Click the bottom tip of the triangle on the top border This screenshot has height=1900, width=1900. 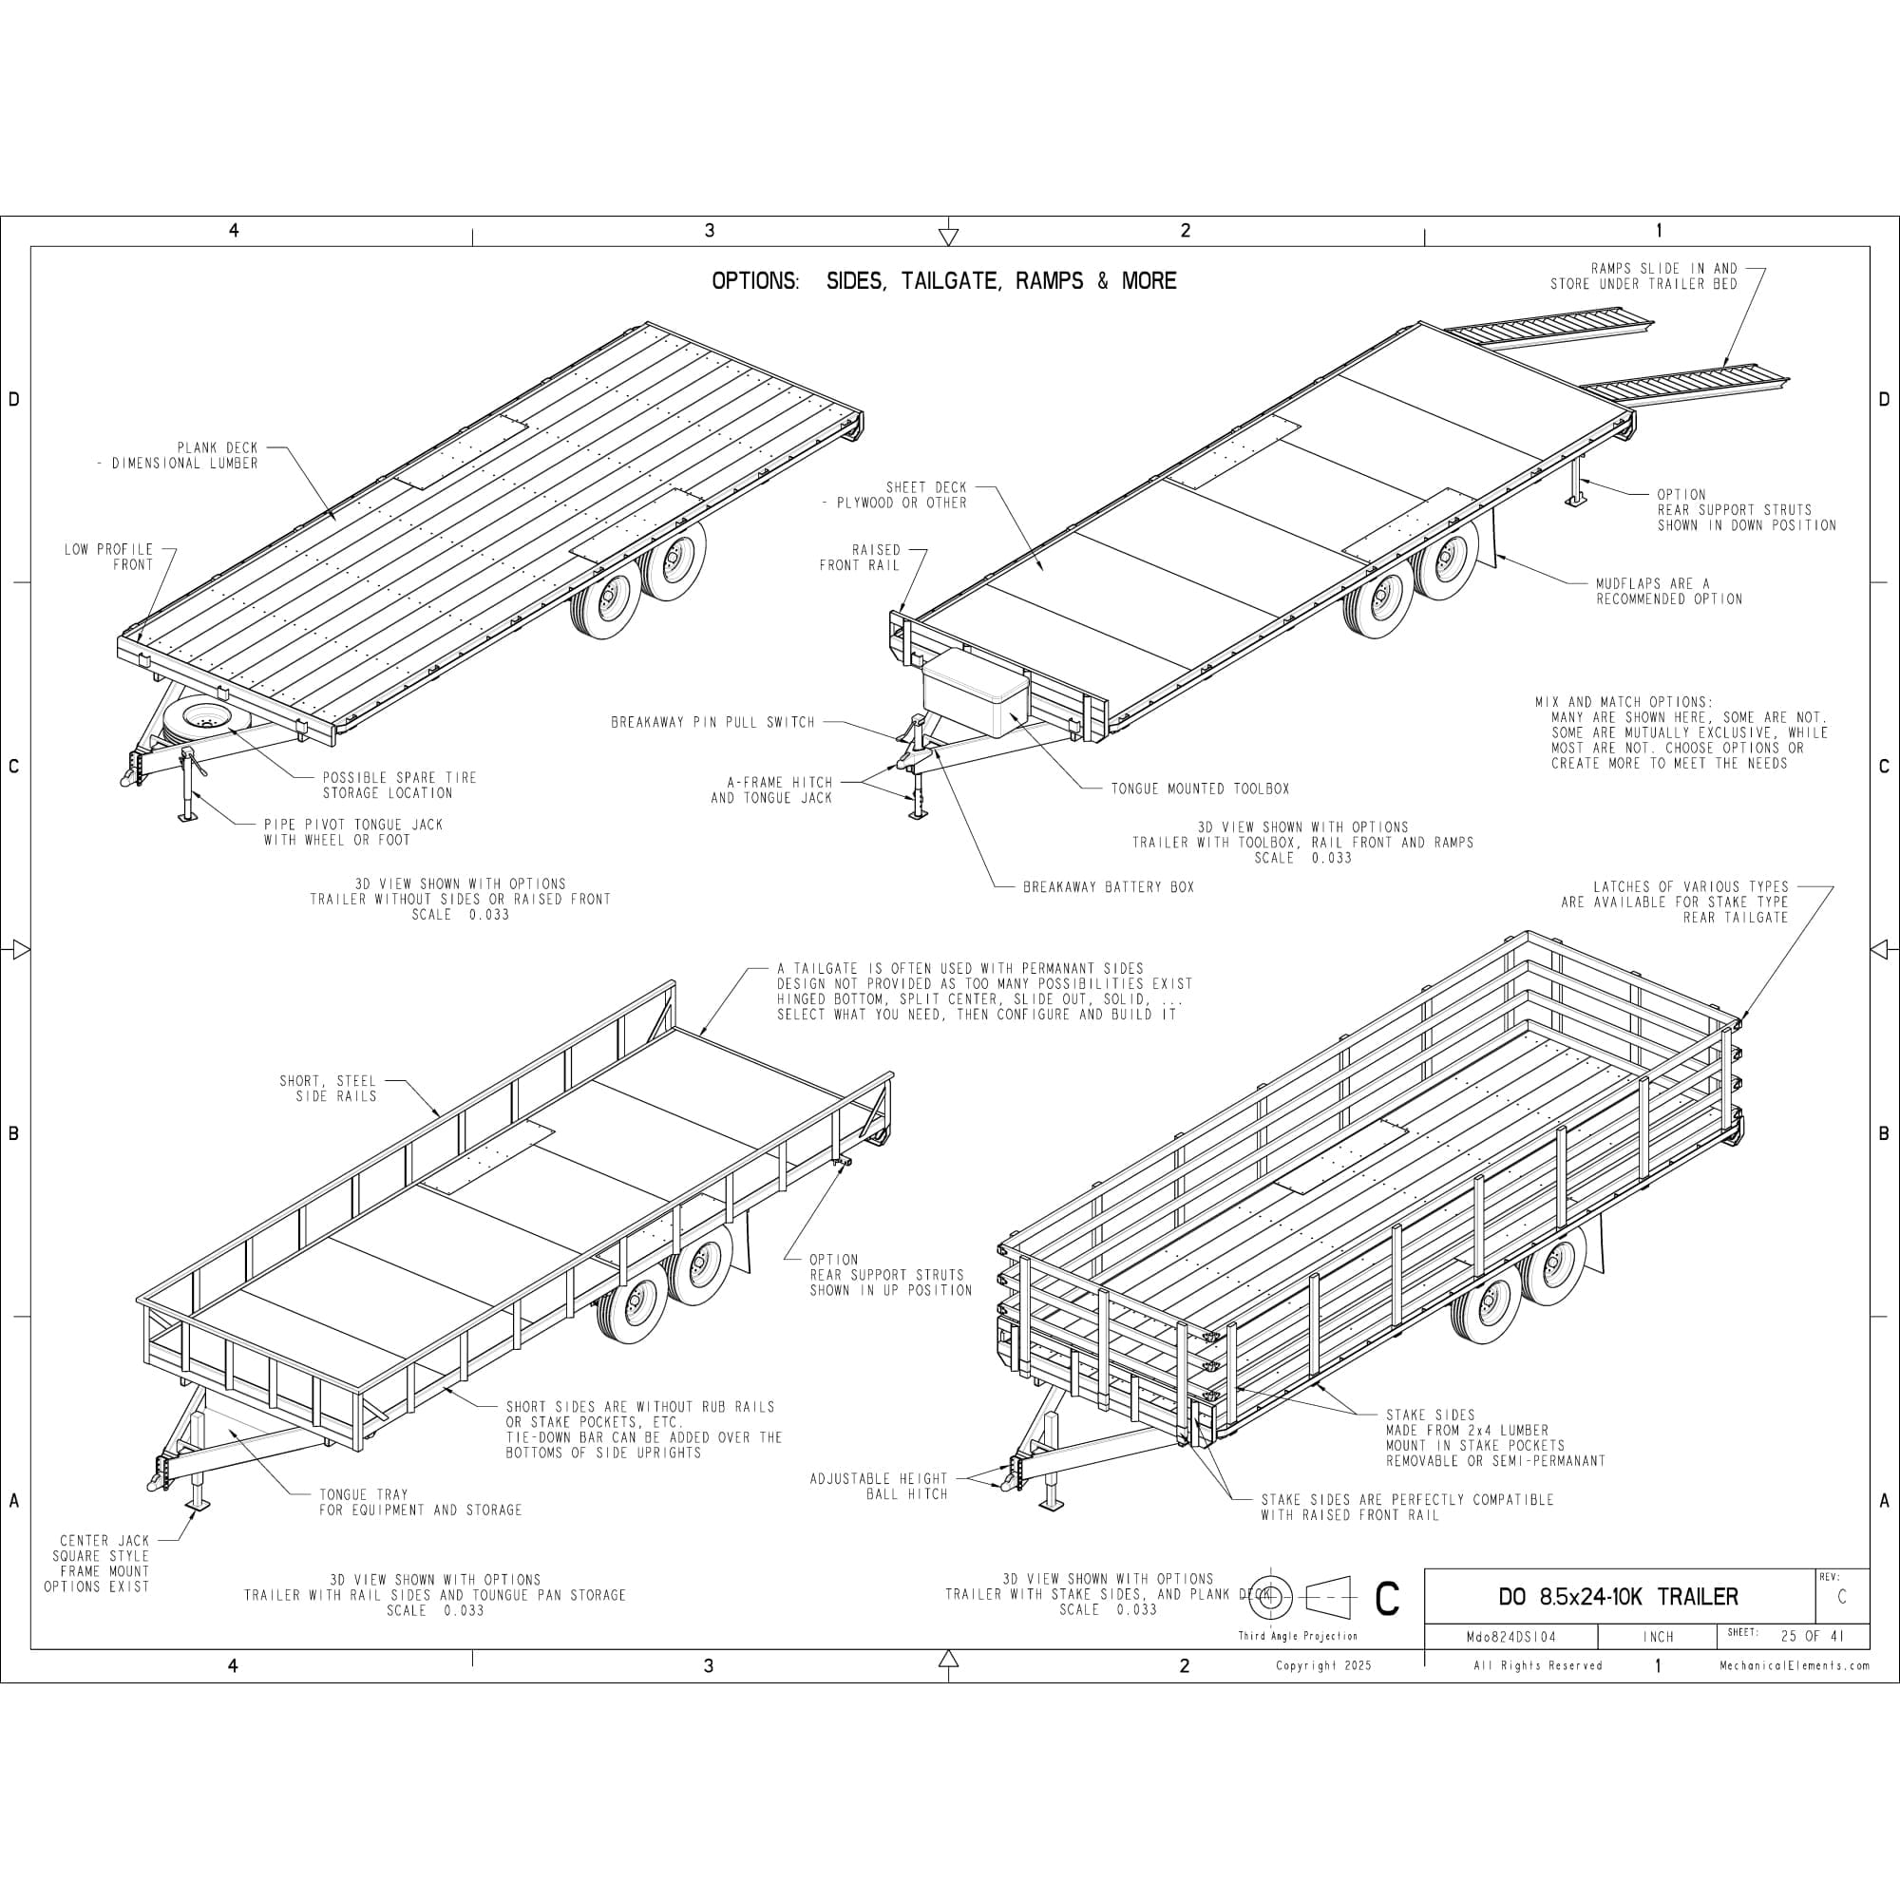948,245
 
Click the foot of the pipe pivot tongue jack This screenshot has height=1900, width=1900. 188,815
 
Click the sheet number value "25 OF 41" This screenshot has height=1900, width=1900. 1813,1637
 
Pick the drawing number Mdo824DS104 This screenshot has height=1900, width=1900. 1510,1638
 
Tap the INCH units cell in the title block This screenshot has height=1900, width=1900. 1658,1638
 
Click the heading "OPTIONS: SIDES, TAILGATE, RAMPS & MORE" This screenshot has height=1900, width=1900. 944,281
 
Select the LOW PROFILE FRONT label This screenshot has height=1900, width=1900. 109,557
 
